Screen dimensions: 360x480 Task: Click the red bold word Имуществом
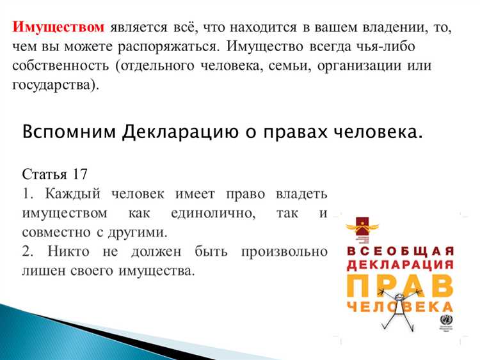(58, 27)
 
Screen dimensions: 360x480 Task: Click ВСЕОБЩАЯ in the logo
(401, 249)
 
